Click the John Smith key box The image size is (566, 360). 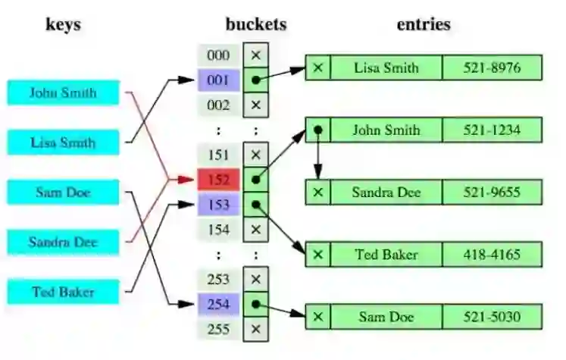64,92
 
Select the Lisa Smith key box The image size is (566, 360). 64,142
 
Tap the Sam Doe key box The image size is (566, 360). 64,192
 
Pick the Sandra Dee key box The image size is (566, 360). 64,242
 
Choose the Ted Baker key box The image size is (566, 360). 64,292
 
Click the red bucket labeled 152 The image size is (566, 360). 218,180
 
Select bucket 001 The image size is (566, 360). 218,80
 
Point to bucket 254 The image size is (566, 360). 218,305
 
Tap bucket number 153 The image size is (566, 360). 218,205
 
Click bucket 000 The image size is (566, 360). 218,55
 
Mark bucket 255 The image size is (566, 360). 218,330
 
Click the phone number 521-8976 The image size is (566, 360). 493,67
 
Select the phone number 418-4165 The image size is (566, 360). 493,254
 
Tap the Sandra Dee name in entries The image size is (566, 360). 386,192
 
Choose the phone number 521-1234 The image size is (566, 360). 493,130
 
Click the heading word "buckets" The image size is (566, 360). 256,23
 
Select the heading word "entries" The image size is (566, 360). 424,23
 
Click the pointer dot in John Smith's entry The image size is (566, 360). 318,130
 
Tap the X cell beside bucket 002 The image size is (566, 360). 256,104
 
